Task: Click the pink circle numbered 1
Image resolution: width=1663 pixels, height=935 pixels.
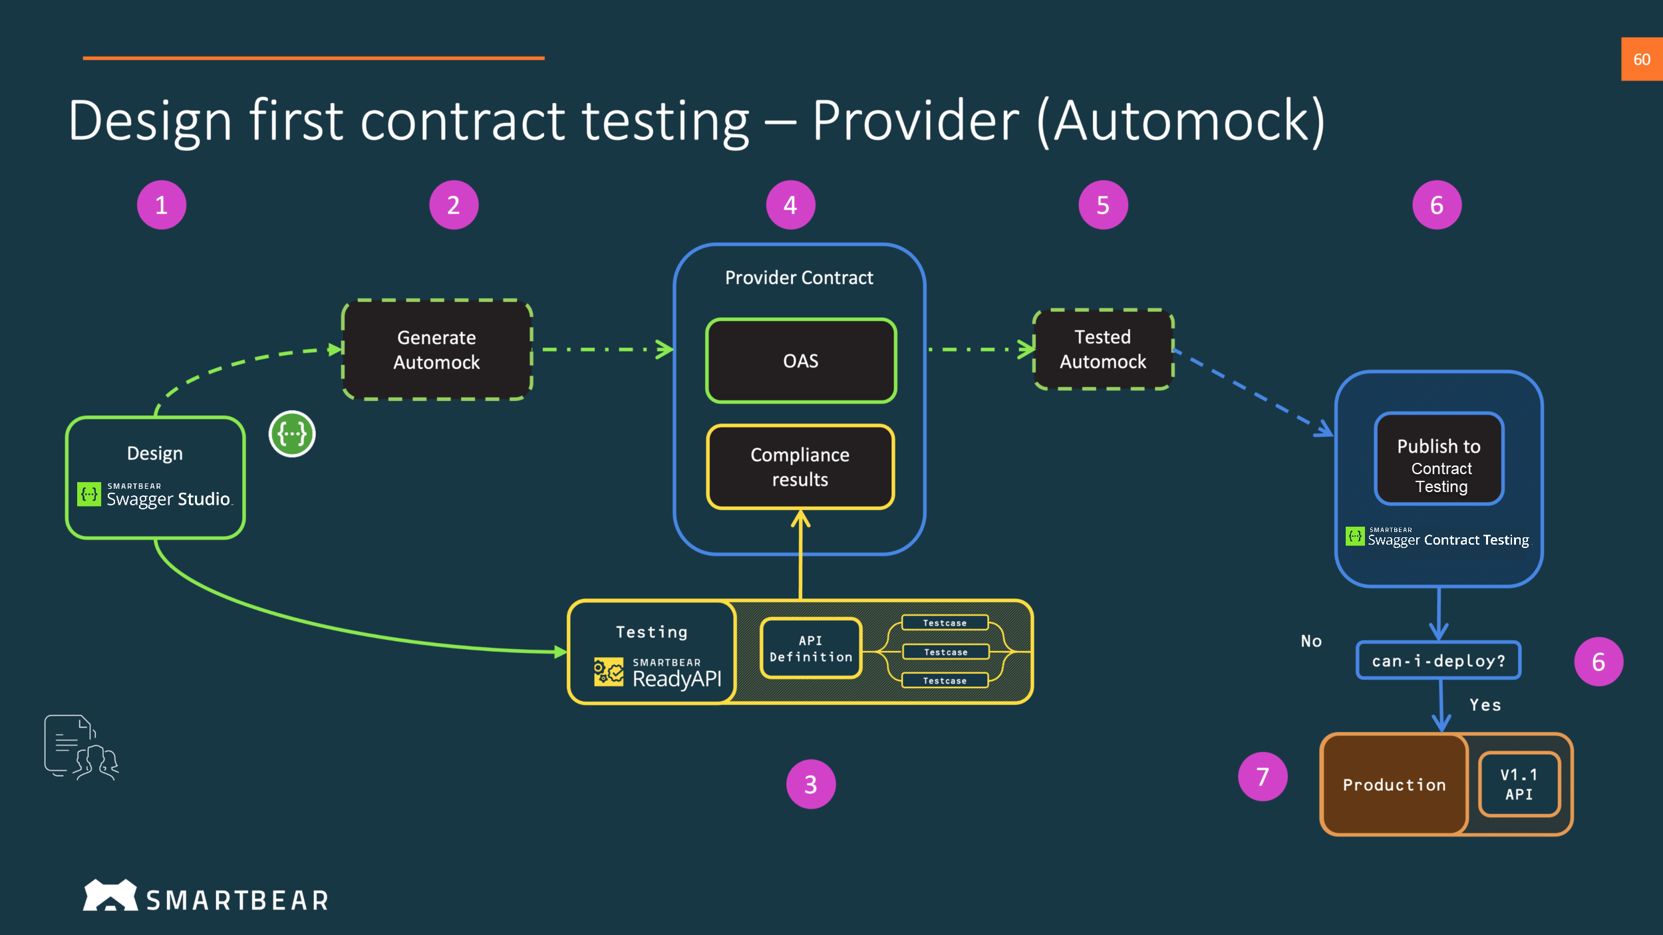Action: pyautogui.click(x=162, y=205)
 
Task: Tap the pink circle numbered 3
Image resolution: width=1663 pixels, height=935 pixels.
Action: pyautogui.click(x=810, y=784)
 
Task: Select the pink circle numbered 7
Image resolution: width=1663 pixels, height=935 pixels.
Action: pyautogui.click(x=1262, y=776)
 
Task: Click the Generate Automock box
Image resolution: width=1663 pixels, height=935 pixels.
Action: pyautogui.click(x=436, y=350)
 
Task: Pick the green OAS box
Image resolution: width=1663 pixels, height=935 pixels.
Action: pyautogui.click(x=800, y=361)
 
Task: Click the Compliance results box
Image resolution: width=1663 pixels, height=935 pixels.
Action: pyautogui.click(x=800, y=467)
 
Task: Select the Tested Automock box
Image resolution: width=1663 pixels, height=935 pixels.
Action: pyautogui.click(x=1102, y=349)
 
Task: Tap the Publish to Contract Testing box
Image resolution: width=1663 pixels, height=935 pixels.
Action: pyautogui.click(x=1439, y=459)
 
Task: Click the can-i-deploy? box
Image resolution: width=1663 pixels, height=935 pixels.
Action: pyautogui.click(x=1438, y=660)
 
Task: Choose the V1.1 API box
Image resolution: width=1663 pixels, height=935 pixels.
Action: pyautogui.click(x=1519, y=784)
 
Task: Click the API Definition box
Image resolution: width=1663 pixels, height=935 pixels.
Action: pyautogui.click(x=810, y=648)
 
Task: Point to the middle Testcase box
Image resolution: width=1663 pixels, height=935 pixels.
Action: pyautogui.click(x=945, y=652)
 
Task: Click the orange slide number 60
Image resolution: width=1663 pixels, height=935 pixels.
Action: pyautogui.click(x=1641, y=59)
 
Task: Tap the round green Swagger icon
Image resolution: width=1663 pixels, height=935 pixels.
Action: pyautogui.click(x=292, y=434)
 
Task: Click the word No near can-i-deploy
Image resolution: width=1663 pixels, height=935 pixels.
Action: pyautogui.click(x=1311, y=641)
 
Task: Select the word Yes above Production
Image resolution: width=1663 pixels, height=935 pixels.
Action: pyautogui.click(x=1485, y=705)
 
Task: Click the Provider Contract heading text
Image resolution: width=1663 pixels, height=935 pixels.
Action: pyautogui.click(x=799, y=277)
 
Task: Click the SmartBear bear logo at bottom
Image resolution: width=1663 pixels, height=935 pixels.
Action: pyautogui.click(x=110, y=896)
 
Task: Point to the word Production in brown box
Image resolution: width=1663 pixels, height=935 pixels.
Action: pyautogui.click(x=1394, y=785)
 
